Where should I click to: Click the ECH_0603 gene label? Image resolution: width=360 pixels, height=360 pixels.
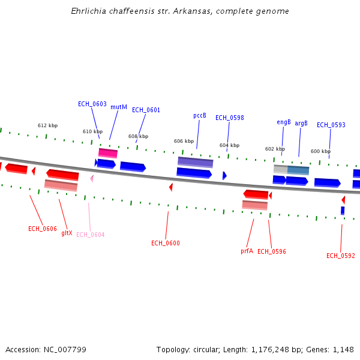pos(92,104)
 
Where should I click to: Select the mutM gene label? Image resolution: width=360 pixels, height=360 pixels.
pos(119,107)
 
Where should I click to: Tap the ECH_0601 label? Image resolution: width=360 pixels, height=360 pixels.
pos(146,110)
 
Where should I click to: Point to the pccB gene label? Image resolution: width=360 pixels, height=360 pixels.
pos(200,115)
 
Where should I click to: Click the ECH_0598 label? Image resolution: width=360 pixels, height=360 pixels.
pos(230,118)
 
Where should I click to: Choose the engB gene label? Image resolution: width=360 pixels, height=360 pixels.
pos(284,122)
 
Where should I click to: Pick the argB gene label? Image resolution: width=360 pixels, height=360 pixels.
pos(301,123)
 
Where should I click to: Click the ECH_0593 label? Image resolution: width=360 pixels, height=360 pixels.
pos(331,125)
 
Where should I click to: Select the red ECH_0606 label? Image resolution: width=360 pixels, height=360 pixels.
pos(43,229)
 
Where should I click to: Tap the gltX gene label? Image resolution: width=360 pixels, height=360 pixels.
pos(67,233)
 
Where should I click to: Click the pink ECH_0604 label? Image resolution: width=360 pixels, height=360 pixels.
pos(90,235)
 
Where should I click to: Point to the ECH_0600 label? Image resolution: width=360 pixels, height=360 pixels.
pos(166,243)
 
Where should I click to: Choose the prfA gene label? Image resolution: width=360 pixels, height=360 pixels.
pos(247,251)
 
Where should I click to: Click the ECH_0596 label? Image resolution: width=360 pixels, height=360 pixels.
pos(272,251)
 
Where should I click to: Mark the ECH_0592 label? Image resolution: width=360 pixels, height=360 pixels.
pos(341,256)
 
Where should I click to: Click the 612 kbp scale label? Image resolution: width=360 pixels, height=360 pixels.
pos(47,125)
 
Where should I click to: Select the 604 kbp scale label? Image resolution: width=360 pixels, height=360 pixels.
pos(229,145)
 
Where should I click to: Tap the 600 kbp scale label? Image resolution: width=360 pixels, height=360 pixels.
pos(320,151)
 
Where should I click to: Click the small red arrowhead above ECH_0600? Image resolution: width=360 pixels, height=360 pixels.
pos(171,187)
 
